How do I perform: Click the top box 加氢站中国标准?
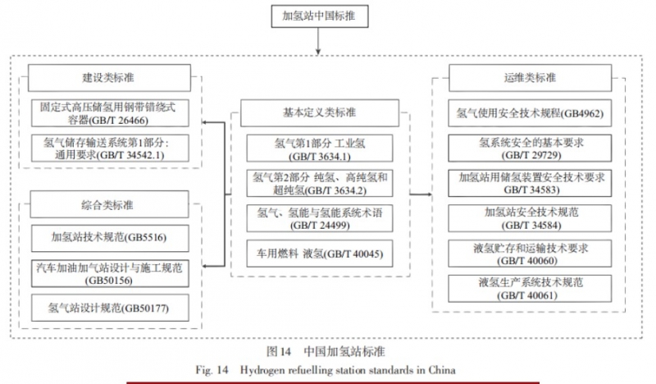pos(329,16)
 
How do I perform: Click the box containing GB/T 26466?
pos(109,111)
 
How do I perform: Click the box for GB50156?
pos(109,272)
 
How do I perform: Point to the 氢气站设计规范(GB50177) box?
pos(109,308)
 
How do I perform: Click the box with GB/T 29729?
pos(530,148)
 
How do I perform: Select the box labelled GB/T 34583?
pos(530,183)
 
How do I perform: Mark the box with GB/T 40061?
pos(530,287)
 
